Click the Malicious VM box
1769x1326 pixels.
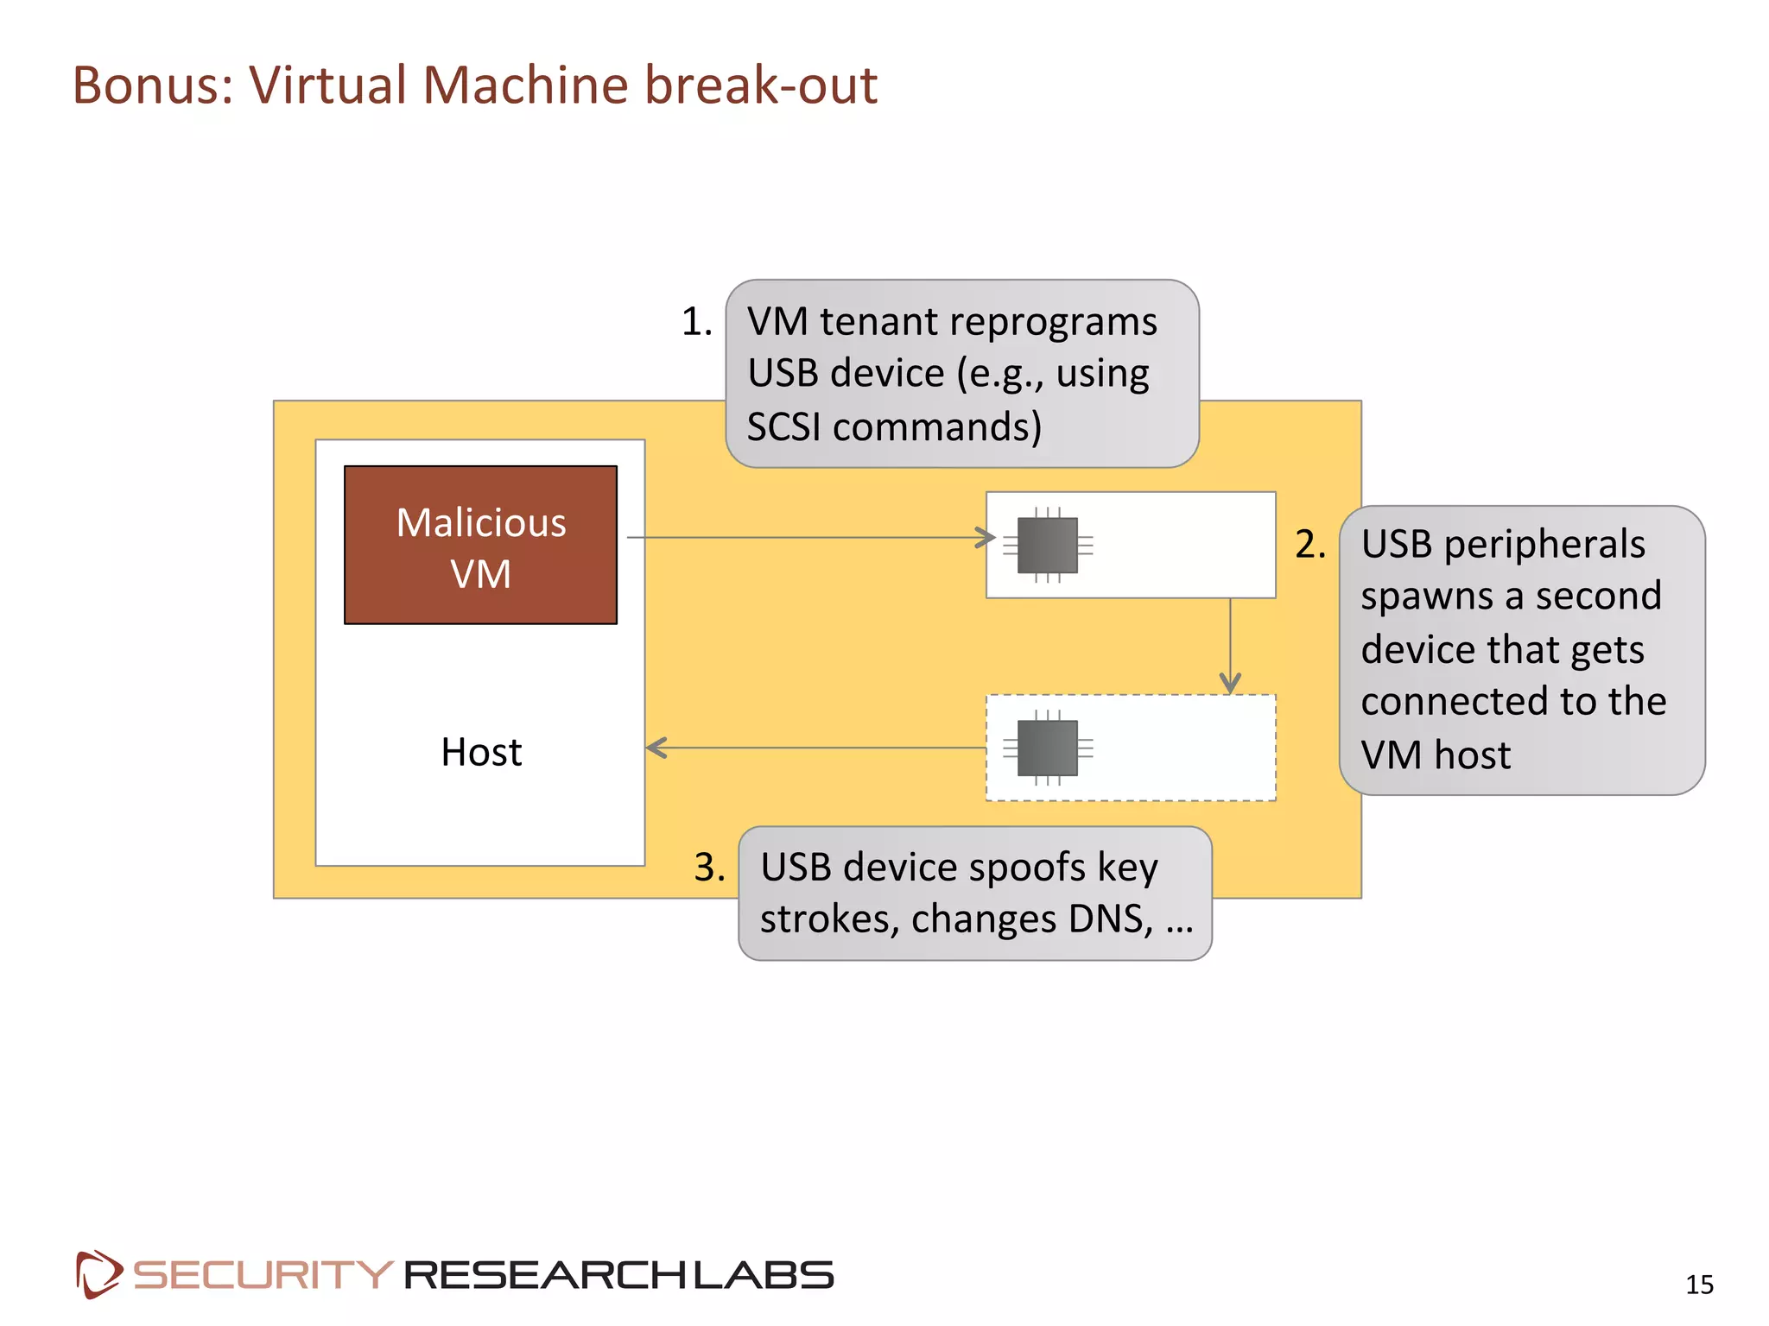coord(480,545)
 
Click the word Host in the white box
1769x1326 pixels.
coord(481,752)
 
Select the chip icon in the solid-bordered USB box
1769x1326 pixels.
coord(1047,545)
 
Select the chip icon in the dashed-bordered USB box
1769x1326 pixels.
coord(1047,748)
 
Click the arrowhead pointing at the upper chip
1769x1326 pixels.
coord(986,538)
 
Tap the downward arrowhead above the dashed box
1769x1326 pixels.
coord(1230,684)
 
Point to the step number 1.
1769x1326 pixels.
coord(696,322)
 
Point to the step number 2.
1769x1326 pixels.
coord(1309,545)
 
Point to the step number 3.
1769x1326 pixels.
coord(709,867)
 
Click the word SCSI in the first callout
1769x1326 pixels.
coord(783,427)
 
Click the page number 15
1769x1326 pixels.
coord(1699,1285)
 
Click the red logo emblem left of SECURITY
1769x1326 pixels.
coord(98,1274)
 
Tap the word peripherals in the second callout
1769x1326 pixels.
coord(1544,545)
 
